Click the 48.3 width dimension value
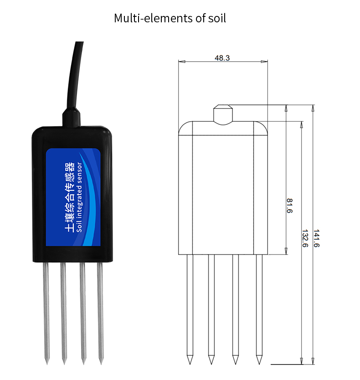[222, 58]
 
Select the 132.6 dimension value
[305, 238]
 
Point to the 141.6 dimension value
[317, 238]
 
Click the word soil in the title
[216, 19]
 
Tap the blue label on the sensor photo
[73, 196]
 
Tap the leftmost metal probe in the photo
[46, 310]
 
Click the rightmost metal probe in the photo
[101, 310]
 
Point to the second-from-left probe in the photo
[64, 310]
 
